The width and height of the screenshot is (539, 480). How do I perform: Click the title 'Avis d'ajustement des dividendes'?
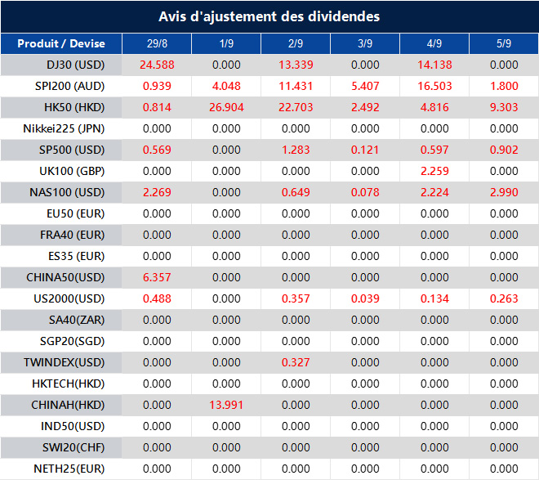pos(269,16)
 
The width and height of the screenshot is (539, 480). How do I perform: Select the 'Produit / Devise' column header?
pos(61,44)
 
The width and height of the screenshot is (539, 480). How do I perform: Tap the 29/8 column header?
pos(156,44)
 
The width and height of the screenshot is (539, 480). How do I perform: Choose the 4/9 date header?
pos(434,44)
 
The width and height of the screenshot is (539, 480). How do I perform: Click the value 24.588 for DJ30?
pos(156,65)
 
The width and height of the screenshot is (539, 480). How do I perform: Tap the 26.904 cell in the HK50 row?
pos(226,108)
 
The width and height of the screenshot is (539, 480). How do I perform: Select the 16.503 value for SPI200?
pos(434,87)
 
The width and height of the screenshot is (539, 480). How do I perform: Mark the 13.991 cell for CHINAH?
pos(226,406)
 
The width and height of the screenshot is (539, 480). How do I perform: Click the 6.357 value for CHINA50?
pos(156,278)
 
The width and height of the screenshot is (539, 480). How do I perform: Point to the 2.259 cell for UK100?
pos(434,172)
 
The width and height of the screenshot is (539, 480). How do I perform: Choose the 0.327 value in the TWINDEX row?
pos(296,363)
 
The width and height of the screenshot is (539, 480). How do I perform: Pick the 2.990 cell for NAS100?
pos(504,193)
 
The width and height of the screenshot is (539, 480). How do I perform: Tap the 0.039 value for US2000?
pos(365,299)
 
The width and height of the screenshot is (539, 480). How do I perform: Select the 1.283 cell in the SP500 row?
pos(296,150)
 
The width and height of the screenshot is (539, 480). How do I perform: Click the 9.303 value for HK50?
pos(504,108)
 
